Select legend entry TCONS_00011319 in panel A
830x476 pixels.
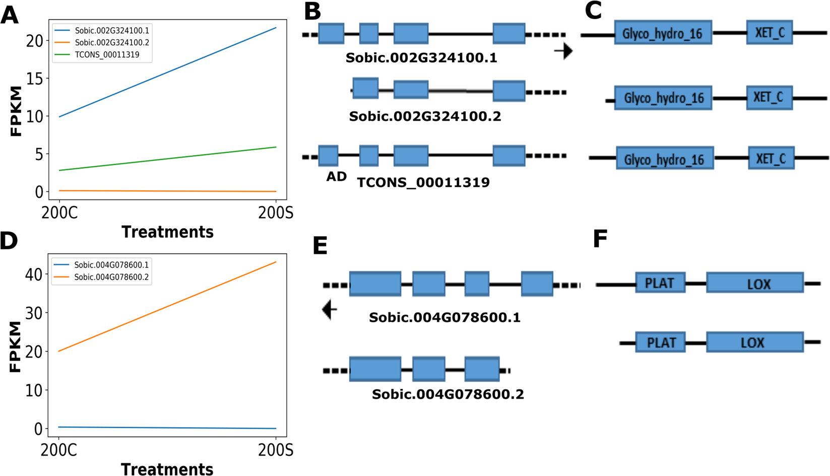point(107,54)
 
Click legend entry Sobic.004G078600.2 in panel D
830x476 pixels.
point(111,277)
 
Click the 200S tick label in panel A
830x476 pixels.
point(275,213)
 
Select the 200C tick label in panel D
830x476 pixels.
point(59,449)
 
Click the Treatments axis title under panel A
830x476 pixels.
point(167,232)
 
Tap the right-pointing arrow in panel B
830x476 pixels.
point(563,51)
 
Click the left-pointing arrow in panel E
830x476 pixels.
point(329,309)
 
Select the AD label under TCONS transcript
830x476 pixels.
point(336,176)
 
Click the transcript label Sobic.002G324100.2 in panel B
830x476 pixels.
point(425,116)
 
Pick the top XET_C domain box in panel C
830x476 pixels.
point(769,33)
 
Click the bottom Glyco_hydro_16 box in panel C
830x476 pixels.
point(664,160)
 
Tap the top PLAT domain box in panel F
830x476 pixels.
point(660,283)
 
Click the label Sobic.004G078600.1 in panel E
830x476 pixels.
point(444,317)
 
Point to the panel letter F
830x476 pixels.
point(600,239)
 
